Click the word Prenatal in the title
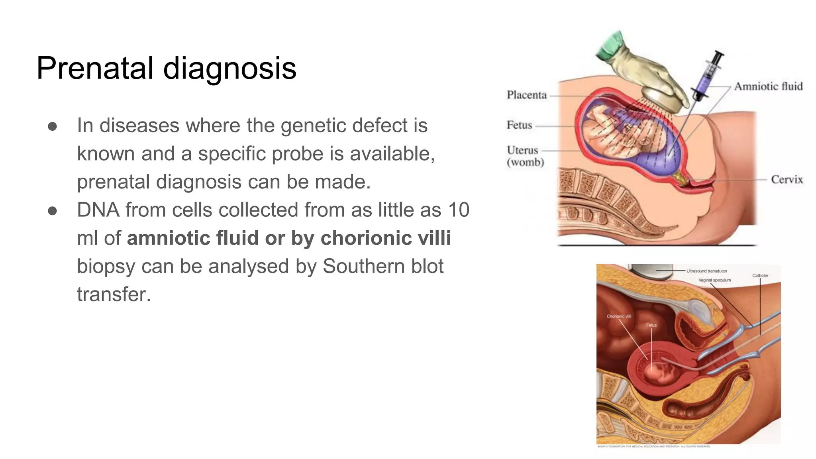(95, 68)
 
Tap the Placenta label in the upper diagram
(526, 95)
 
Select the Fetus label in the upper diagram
(519, 125)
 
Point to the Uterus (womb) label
(525, 156)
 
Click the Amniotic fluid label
(768, 86)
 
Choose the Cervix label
(787, 179)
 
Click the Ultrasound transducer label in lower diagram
(707, 271)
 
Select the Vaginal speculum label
(714, 280)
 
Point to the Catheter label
(760, 276)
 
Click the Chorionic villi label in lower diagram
(619, 316)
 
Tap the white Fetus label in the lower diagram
(651, 325)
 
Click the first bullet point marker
(52, 126)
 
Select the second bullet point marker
(52, 211)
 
